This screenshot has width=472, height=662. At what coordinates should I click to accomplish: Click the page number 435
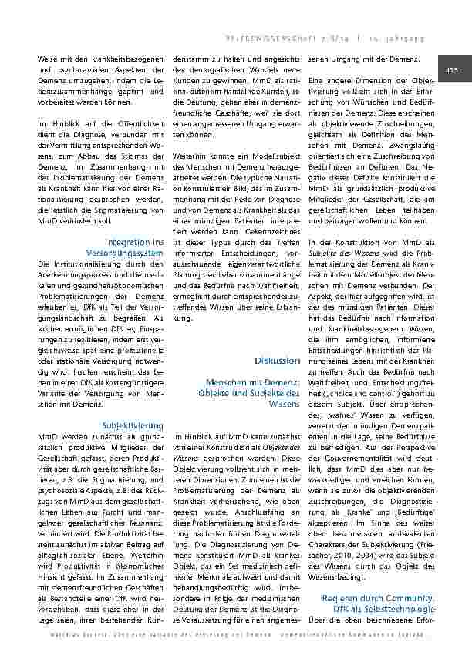(x=451, y=70)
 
